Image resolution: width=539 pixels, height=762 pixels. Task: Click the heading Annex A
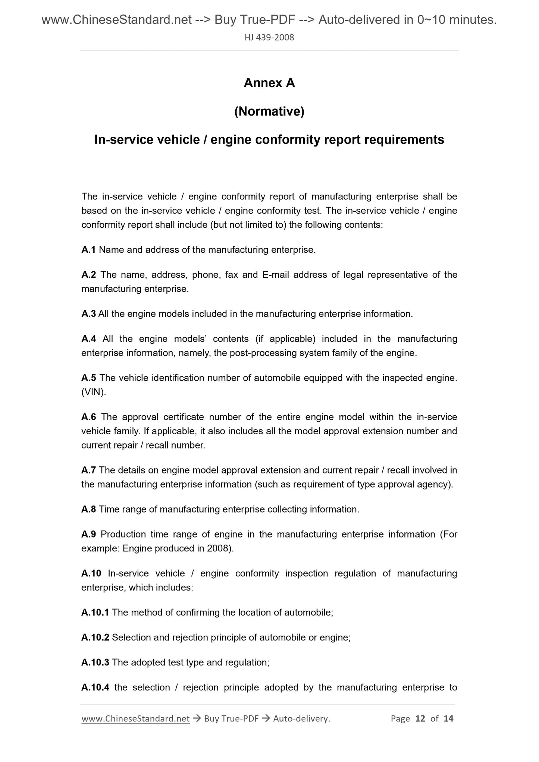tap(269, 83)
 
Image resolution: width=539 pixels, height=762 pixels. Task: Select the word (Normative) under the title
tap(269, 111)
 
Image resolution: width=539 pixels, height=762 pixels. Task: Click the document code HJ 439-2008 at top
tap(269, 37)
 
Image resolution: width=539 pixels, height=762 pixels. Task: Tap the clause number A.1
tap(88, 250)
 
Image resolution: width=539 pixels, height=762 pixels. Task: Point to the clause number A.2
tap(89, 275)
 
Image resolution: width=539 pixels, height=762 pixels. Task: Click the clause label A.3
tap(88, 314)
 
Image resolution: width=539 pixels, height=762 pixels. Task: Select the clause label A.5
tap(89, 378)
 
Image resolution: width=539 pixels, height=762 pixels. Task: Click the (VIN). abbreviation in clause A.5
tap(94, 392)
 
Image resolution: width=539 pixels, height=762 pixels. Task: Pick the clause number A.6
tap(89, 417)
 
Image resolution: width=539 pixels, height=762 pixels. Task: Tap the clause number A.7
tap(89, 470)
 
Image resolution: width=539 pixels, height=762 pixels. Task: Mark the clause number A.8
tap(89, 509)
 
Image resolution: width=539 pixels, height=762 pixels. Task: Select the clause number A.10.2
tap(95, 637)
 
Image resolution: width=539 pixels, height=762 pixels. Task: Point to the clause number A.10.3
tap(95, 662)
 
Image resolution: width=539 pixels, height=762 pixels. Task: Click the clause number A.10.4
tap(95, 687)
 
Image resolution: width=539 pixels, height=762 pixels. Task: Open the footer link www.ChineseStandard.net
tap(135, 718)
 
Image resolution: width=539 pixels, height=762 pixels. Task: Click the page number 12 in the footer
tap(420, 718)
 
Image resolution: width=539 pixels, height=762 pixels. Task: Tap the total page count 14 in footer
tap(448, 718)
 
